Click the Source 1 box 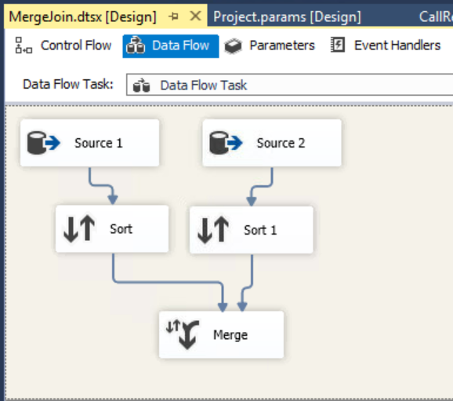[89, 143]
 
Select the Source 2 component [272, 143]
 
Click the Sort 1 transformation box [252, 230]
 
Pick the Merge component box [221, 335]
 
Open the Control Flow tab [63, 46]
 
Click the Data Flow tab [171, 46]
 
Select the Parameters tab [270, 46]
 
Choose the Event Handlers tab [386, 46]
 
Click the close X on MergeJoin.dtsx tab [196, 16]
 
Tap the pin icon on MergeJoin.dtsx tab [173, 16]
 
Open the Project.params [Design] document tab [287, 16]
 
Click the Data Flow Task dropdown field [289, 85]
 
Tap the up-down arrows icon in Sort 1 [213, 230]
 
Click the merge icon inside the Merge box [183, 334]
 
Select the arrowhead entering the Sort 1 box [252, 202]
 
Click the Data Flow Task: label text [68, 85]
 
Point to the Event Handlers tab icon [338, 45]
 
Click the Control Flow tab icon [23, 46]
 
